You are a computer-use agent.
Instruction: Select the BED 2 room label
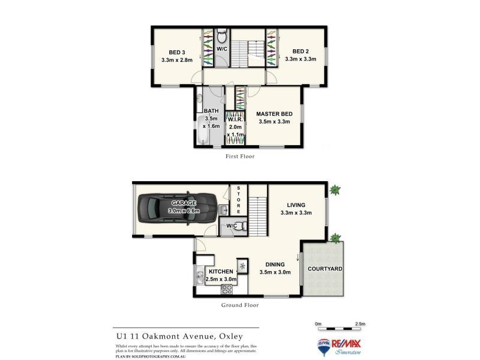(300, 51)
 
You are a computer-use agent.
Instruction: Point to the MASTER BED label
(274, 113)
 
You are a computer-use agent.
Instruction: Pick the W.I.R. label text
(235, 119)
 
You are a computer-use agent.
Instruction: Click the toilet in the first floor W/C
(221, 35)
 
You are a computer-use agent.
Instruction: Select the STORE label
(238, 200)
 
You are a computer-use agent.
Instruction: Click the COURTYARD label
(325, 269)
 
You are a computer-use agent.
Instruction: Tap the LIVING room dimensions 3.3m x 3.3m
(296, 213)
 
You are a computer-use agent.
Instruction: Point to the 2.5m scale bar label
(360, 324)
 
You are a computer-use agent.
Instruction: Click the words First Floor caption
(239, 157)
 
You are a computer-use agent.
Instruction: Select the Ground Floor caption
(239, 305)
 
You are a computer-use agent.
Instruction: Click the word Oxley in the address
(242, 337)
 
